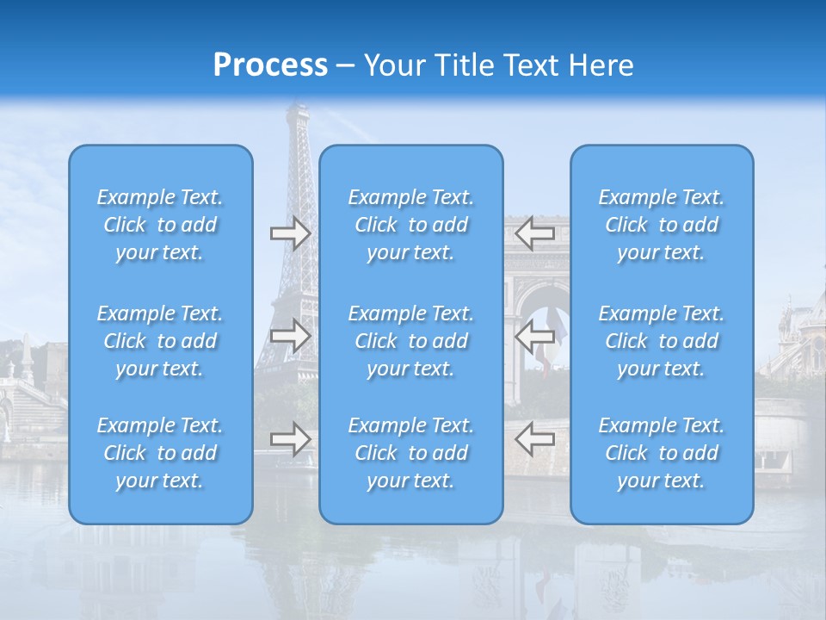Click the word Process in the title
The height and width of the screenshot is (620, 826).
click(270, 65)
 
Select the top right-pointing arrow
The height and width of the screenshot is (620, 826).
click(290, 232)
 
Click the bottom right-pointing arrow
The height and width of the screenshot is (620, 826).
click(290, 438)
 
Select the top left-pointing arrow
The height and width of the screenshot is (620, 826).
click(535, 232)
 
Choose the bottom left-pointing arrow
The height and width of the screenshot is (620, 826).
click(535, 438)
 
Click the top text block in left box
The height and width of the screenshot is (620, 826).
click(160, 225)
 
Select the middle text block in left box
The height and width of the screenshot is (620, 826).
click(160, 341)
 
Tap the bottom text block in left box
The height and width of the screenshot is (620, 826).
click(160, 453)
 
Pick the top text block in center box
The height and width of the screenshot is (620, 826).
click(411, 225)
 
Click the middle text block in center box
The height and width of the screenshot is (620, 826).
click(411, 341)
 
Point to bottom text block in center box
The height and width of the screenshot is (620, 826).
click(411, 453)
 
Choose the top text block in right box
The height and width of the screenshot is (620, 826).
click(662, 225)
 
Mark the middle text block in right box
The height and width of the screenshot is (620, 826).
click(662, 341)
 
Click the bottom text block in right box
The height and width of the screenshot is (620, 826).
click(662, 453)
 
